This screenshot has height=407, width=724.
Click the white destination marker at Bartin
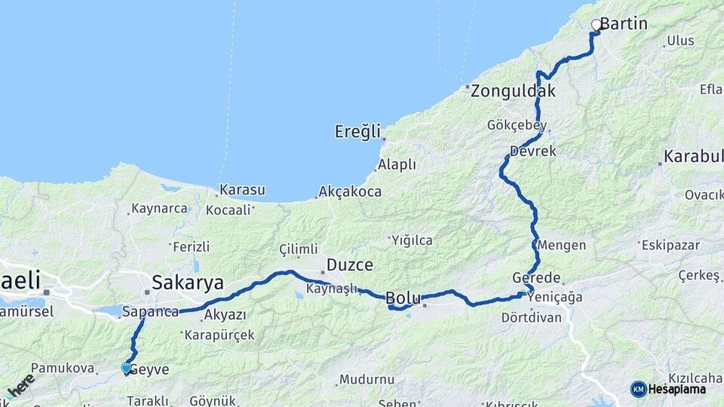597,25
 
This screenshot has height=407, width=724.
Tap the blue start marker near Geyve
127,368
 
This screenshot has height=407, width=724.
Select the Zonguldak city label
513,92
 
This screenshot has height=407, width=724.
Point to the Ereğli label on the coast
357,132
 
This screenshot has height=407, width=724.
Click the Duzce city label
348,265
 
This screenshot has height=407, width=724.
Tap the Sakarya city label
188,283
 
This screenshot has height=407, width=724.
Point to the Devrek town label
533,151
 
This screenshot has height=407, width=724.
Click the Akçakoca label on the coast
349,191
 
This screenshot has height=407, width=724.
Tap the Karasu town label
241,191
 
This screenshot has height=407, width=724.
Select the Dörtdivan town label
532,317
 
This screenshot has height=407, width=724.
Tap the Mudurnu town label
367,379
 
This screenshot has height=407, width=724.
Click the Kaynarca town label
158,209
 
